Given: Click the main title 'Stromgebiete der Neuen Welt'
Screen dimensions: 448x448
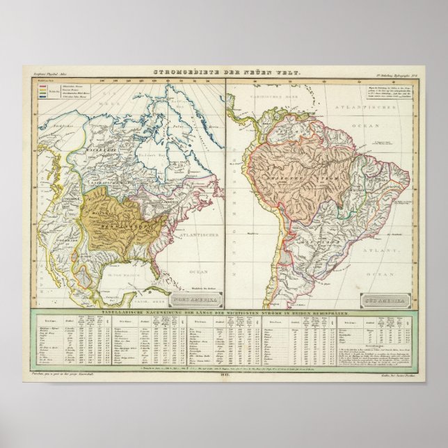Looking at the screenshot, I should click(223, 71).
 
